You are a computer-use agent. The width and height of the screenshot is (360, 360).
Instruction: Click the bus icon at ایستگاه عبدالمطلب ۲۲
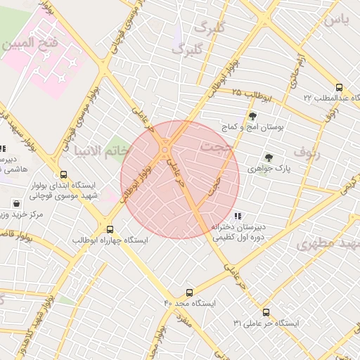(339, 87)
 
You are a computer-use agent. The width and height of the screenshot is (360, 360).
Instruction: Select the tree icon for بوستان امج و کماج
(252, 116)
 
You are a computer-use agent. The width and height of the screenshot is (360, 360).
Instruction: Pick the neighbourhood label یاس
(336, 20)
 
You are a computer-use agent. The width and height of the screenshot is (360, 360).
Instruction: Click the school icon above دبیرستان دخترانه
(238, 216)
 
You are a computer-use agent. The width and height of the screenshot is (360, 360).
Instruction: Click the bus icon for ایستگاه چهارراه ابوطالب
(109, 229)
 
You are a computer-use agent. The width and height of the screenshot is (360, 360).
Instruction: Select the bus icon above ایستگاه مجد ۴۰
(189, 292)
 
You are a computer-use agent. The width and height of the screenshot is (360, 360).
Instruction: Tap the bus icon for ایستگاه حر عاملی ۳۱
(266, 312)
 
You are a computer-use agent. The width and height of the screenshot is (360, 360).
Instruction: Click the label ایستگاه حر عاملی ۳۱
(266, 323)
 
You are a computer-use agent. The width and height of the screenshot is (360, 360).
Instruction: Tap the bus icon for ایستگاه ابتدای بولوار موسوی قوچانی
(64, 174)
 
